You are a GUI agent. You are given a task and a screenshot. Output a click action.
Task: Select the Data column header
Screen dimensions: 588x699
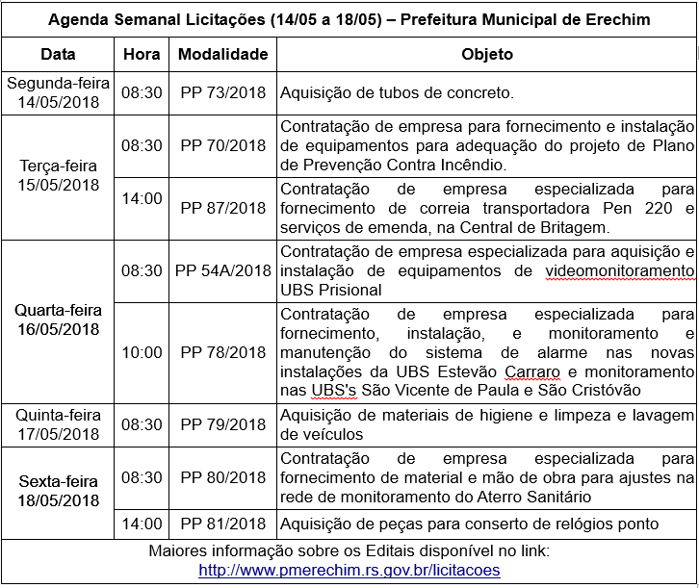click(59, 55)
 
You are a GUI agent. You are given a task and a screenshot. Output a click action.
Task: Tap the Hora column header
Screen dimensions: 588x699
click(142, 55)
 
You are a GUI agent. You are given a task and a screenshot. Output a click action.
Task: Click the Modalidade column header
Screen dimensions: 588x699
click(222, 55)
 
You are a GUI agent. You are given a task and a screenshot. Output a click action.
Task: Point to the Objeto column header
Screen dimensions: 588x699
click(487, 55)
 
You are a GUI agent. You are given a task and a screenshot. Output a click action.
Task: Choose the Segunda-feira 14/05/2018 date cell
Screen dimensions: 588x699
click(59, 93)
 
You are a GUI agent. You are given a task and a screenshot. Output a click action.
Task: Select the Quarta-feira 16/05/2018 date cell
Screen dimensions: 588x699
click(59, 320)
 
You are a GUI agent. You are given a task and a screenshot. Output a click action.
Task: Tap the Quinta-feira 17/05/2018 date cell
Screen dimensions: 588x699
click(59, 424)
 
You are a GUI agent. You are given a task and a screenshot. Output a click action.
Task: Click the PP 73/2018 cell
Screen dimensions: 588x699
click(222, 93)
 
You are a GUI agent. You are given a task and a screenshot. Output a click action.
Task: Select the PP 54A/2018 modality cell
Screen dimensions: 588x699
click(222, 270)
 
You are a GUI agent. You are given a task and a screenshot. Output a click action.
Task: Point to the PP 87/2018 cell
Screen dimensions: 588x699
click(222, 207)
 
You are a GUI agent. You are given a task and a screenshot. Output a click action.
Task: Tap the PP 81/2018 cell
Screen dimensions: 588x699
click(222, 524)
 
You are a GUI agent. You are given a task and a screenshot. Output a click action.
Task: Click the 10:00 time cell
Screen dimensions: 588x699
click(142, 352)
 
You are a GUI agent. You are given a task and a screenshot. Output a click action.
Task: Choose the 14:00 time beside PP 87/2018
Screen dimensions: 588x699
click(142, 198)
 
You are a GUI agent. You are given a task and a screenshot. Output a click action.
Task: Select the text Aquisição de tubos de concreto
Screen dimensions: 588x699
click(398, 93)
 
